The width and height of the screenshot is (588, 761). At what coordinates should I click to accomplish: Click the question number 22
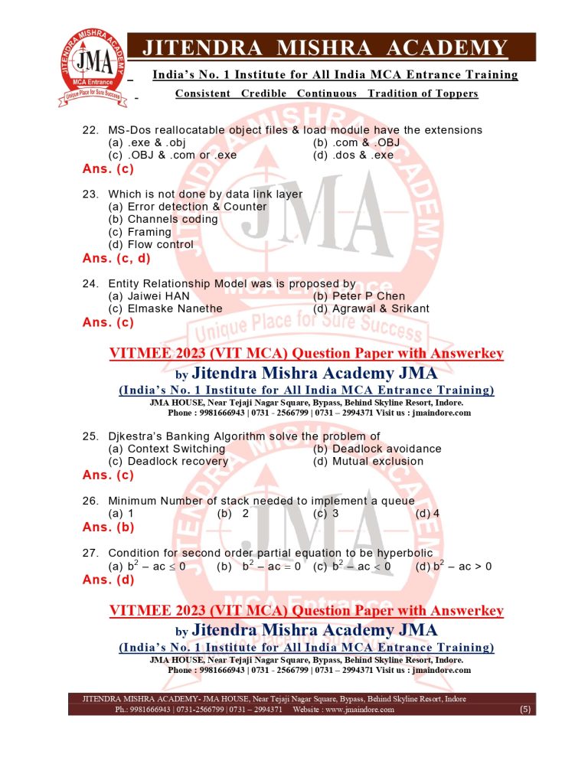(x=90, y=130)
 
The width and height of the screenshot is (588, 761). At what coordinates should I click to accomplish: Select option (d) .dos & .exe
(x=353, y=155)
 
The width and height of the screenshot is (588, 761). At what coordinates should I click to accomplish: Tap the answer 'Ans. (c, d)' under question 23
(x=117, y=258)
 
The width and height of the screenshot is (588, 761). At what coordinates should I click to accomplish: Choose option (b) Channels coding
(x=163, y=219)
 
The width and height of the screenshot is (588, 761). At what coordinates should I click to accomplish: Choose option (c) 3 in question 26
(x=326, y=514)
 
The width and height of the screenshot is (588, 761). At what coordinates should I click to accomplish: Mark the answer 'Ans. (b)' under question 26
(x=108, y=527)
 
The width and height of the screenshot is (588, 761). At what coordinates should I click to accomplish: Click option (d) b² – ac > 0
(x=453, y=567)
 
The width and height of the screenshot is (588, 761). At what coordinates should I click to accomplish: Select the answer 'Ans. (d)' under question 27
(x=108, y=580)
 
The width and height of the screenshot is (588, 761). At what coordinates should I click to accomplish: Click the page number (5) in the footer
(x=524, y=710)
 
